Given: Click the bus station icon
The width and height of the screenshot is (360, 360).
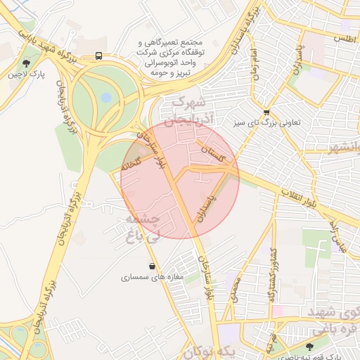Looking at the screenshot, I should coord(99,55).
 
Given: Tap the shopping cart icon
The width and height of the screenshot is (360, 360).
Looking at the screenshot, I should coord(266,112).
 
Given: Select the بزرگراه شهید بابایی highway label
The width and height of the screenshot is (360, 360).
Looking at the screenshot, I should coord(37,52).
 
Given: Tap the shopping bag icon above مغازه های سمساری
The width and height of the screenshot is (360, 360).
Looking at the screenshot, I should coord(153,266).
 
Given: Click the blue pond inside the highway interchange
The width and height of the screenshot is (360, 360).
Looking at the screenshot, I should coord(105,98).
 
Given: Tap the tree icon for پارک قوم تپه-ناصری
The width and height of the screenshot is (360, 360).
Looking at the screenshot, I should coord(311,346).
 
